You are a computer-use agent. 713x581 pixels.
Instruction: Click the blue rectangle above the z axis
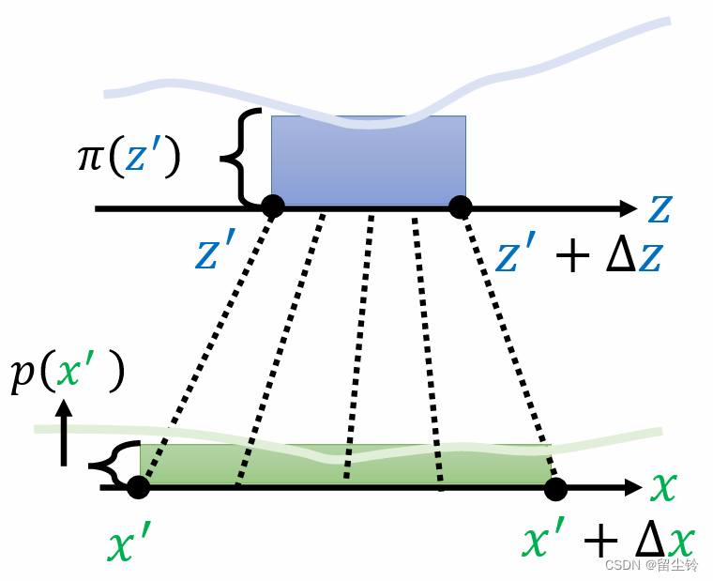(369, 160)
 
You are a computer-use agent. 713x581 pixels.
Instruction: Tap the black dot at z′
(272, 206)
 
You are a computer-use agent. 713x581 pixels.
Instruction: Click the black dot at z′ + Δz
(460, 207)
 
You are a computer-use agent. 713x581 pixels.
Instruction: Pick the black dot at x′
(139, 487)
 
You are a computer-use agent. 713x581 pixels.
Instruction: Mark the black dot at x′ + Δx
(555, 488)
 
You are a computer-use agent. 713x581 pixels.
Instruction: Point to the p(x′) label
(66, 373)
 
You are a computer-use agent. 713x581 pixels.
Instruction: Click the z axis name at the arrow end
(660, 209)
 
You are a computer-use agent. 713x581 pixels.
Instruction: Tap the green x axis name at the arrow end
(663, 486)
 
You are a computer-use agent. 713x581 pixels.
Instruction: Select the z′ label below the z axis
(220, 252)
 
